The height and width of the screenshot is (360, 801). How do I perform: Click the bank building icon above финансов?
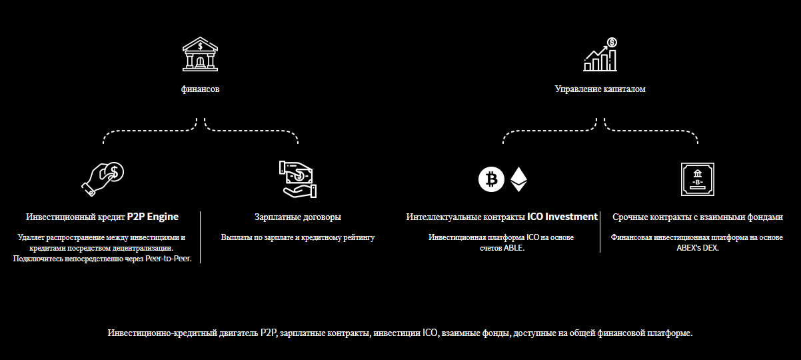[200, 54]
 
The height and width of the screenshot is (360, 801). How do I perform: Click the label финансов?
[200, 89]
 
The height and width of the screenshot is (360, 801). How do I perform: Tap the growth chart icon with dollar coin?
[600, 55]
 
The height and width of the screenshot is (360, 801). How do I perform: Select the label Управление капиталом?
[600, 89]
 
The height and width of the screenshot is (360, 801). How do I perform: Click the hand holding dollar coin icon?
[103, 178]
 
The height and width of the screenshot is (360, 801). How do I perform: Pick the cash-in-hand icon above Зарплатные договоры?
[298, 178]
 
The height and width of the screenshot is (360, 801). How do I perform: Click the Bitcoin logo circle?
[492, 179]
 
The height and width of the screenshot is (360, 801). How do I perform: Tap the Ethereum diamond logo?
[518, 179]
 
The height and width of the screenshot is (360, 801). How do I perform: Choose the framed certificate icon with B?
[697, 179]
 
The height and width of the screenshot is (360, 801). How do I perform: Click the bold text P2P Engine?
[153, 217]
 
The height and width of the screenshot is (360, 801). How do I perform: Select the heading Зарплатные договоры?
[298, 217]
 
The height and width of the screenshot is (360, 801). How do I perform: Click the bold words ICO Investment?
[562, 217]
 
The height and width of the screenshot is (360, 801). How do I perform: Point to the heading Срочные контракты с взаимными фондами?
[697, 217]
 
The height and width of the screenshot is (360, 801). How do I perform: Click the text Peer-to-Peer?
[168, 259]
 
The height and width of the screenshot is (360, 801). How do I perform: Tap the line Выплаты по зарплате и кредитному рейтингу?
[298, 237]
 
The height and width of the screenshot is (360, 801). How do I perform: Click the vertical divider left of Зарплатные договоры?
[201, 237]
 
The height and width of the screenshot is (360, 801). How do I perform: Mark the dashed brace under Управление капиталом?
[600, 131]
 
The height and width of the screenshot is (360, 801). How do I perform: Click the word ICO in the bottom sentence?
[430, 333]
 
